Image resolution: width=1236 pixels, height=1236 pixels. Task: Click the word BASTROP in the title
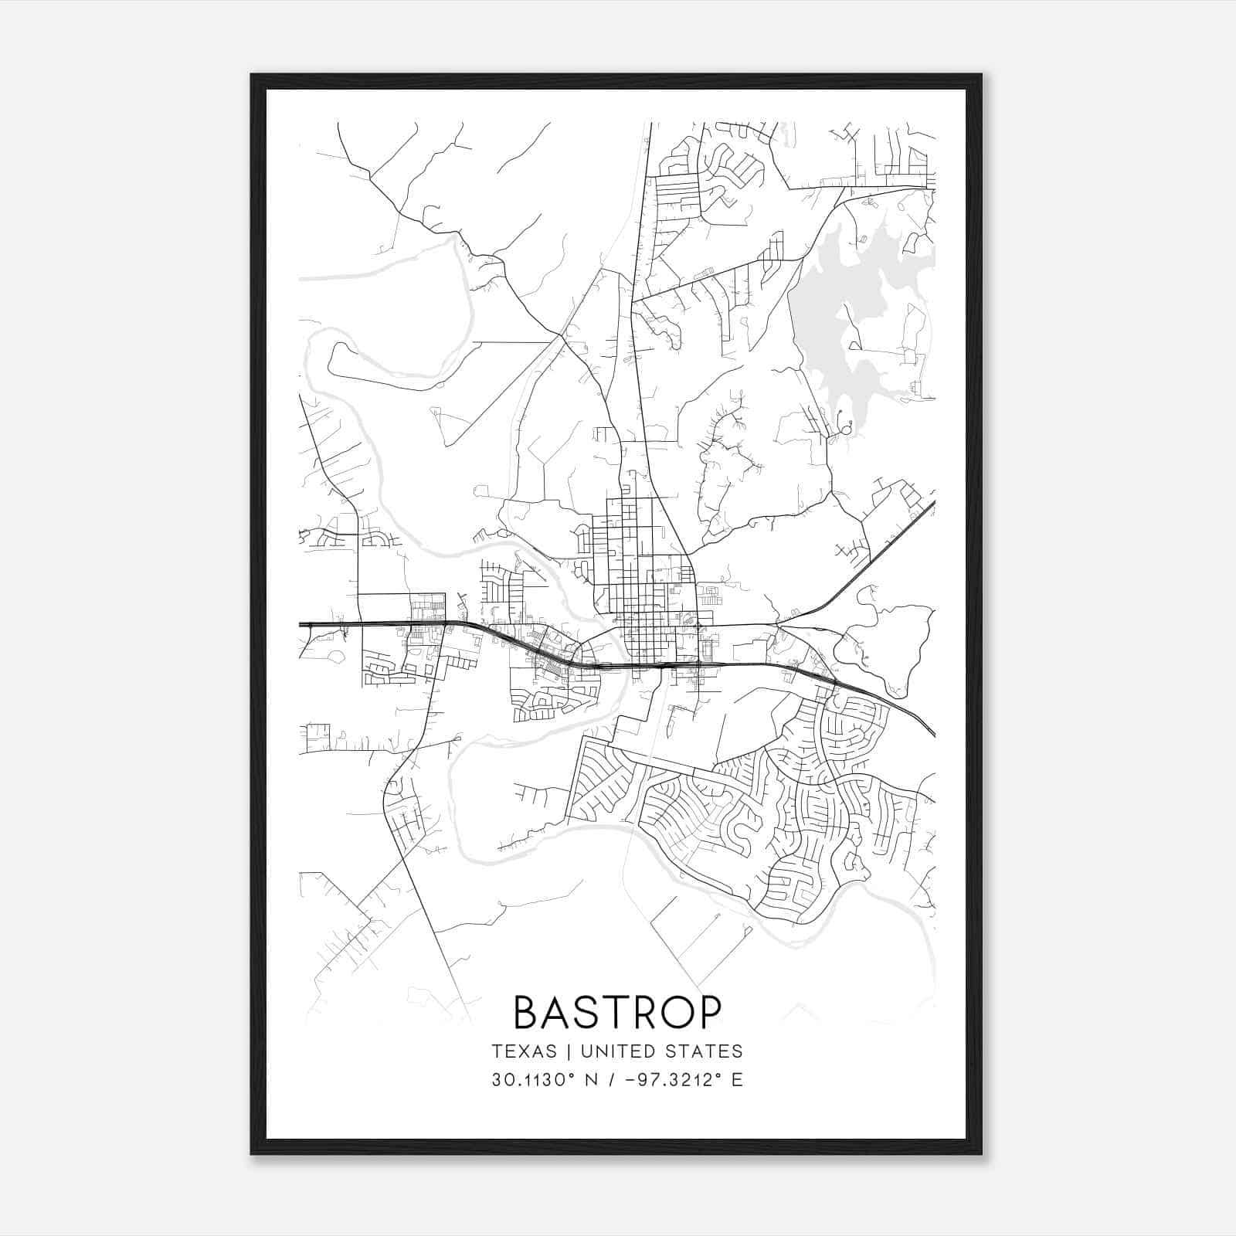coord(617,1012)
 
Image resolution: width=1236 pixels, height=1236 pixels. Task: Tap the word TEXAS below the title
coord(524,1051)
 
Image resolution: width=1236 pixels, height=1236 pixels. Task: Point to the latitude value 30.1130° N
coord(541,1080)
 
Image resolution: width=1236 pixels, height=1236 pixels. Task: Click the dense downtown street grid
coord(641,587)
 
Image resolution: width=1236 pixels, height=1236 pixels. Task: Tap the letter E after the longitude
coord(737,1080)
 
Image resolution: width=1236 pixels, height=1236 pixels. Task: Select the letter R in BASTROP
coord(640,1012)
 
